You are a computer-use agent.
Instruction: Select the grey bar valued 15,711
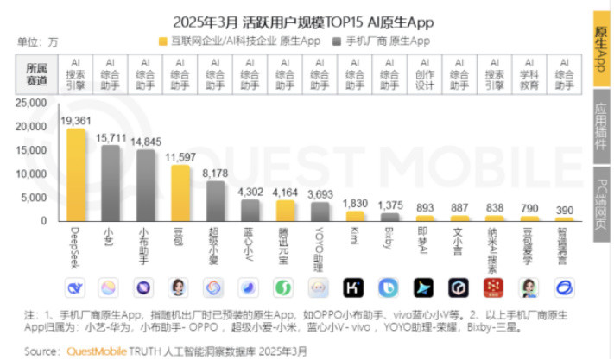click(x=111, y=183)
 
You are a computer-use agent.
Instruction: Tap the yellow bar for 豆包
click(x=180, y=193)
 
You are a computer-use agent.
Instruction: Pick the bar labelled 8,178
click(x=215, y=201)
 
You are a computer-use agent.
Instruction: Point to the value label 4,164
click(x=286, y=192)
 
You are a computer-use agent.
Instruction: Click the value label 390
click(x=564, y=211)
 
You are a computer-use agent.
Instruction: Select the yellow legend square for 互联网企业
click(x=163, y=41)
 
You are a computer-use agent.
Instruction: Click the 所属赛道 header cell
click(x=37, y=74)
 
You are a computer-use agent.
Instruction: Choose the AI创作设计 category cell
click(x=424, y=74)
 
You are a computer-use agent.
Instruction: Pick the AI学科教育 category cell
click(x=529, y=74)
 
